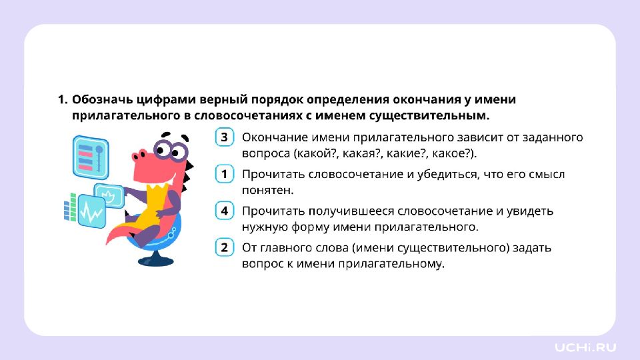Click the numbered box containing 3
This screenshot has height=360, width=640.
coord(224,137)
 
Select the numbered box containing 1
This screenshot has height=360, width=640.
coord(224,174)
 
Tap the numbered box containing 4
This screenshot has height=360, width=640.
coord(224,211)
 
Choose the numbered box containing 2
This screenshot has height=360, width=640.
coord(224,247)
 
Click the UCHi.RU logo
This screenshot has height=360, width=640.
coord(585,347)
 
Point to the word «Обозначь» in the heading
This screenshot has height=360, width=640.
coord(101,99)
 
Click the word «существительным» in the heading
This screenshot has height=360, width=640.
coord(429,115)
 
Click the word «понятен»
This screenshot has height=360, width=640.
coord(267,190)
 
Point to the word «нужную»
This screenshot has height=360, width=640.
coord(265,227)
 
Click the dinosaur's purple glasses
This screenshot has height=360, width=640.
coord(170,150)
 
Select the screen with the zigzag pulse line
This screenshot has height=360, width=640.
coord(91,211)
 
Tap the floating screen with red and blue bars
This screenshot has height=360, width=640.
coord(91,157)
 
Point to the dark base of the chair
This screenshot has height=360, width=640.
coord(155,260)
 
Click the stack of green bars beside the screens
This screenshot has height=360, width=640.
coord(70,207)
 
